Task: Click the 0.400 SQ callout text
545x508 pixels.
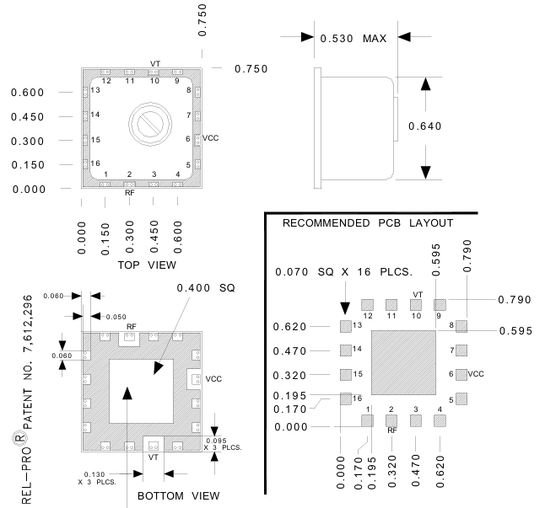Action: pyautogui.click(x=203, y=288)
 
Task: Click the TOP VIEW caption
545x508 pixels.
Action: pyautogui.click(x=148, y=265)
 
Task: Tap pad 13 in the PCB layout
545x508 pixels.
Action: pyautogui.click(x=344, y=325)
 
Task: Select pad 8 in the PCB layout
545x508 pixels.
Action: pyautogui.click(x=461, y=325)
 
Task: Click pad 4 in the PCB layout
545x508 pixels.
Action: pyautogui.click(x=439, y=420)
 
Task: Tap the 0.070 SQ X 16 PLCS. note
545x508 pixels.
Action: pyautogui.click(x=343, y=272)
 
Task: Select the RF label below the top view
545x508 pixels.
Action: pyautogui.click(x=129, y=193)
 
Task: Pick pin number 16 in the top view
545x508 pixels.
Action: pyautogui.click(x=96, y=163)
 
